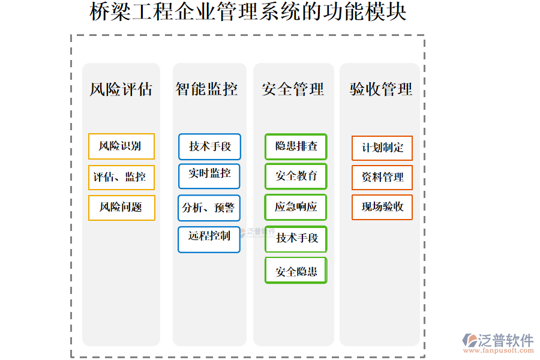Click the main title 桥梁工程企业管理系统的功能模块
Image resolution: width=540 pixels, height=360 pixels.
click(248, 12)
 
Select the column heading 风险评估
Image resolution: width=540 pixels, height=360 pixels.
click(121, 90)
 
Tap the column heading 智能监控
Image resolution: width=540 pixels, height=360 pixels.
click(207, 89)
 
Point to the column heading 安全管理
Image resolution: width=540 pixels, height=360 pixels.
click(293, 90)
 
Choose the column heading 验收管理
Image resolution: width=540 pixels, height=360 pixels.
click(381, 90)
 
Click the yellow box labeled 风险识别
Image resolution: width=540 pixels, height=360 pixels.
click(121, 146)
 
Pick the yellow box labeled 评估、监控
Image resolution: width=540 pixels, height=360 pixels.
click(121, 178)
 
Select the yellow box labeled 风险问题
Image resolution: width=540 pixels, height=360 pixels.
click(121, 208)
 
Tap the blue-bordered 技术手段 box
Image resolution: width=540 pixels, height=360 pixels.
click(209, 146)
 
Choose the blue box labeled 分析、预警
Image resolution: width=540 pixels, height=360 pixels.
click(209, 208)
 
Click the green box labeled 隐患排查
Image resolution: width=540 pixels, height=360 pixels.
click(296, 146)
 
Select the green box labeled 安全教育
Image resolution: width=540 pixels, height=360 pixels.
click(296, 176)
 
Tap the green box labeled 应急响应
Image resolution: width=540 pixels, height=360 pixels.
click(296, 207)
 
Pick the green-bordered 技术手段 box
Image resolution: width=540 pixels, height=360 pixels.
click(296, 239)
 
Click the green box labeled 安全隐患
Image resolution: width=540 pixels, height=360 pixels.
click(296, 271)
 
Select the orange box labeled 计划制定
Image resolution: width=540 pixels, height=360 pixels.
click(382, 148)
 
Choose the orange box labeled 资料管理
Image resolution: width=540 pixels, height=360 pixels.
click(382, 178)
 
